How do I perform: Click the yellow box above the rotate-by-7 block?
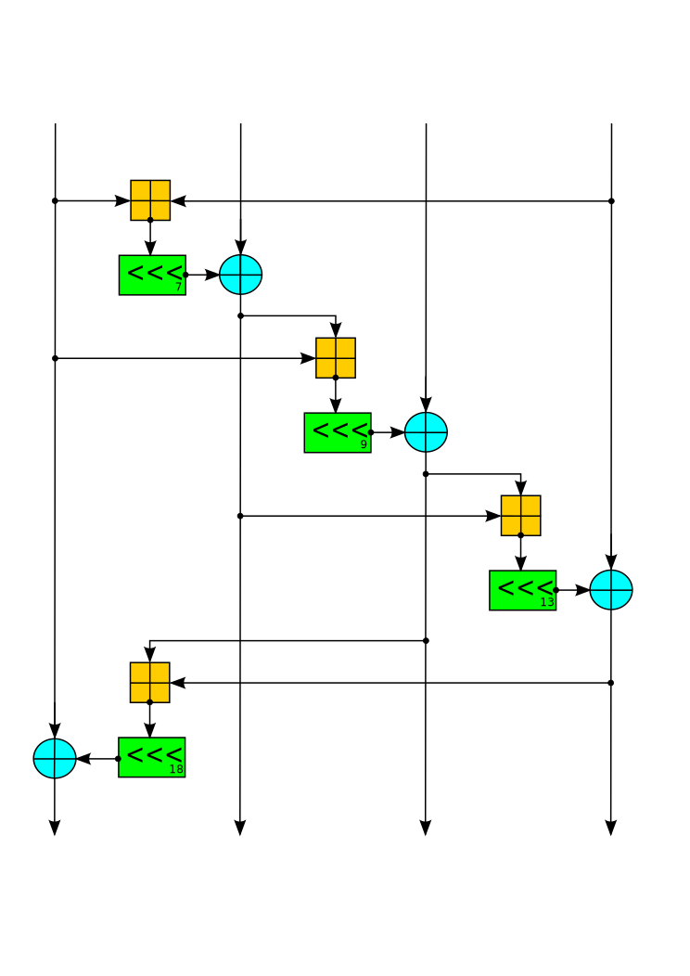[x=150, y=200]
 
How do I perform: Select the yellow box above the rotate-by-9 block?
[x=336, y=358]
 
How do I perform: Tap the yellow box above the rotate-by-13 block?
[x=521, y=516]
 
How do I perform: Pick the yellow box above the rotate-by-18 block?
[x=150, y=683]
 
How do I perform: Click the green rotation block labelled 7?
[x=152, y=275]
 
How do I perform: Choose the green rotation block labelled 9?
[x=338, y=432]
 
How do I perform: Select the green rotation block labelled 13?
[x=523, y=590]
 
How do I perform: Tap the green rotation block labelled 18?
[x=152, y=757]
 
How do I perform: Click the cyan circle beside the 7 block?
[x=240, y=275]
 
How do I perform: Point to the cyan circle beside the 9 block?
[x=426, y=432]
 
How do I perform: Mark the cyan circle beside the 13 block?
[x=611, y=590]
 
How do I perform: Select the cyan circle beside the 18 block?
[x=55, y=758]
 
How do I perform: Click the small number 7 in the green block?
[x=178, y=288]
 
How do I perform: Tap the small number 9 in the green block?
[x=364, y=445]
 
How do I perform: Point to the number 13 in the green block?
[x=547, y=603]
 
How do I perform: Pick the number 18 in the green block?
[x=176, y=770]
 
